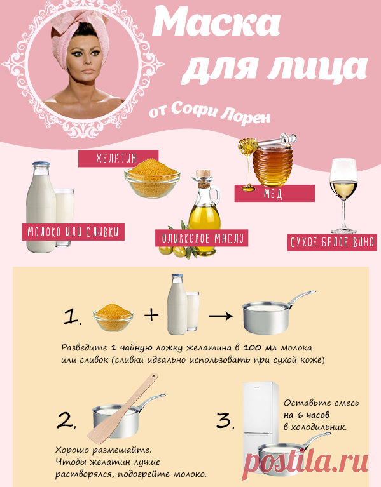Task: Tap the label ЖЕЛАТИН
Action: [118, 158]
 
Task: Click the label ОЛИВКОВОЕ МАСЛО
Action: [201, 237]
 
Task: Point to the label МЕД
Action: [274, 193]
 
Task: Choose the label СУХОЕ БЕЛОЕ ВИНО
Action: [332, 242]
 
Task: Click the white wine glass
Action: [344, 190]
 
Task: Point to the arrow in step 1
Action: [219, 314]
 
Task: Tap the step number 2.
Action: [67, 420]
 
